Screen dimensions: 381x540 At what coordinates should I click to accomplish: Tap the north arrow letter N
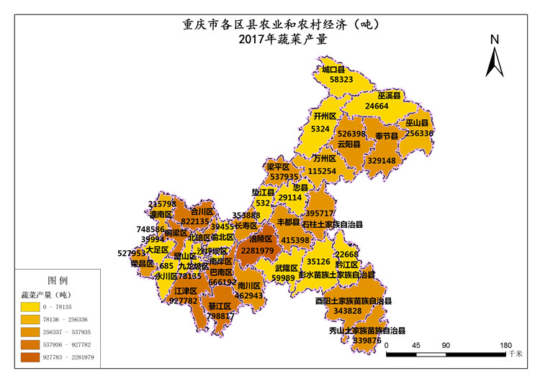pyautogui.click(x=494, y=40)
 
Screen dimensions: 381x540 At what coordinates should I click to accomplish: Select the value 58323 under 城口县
pyautogui.click(x=336, y=80)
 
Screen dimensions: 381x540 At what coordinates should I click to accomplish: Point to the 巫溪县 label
pyautogui.click(x=390, y=95)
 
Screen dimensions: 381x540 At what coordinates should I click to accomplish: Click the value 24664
pyautogui.click(x=377, y=106)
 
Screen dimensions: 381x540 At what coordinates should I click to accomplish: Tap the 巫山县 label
pyautogui.click(x=417, y=123)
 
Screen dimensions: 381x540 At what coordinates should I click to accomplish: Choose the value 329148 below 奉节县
pyautogui.click(x=382, y=161)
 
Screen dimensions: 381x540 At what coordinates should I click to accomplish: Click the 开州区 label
pyautogui.click(x=325, y=116)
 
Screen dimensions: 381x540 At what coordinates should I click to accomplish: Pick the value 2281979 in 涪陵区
pyautogui.click(x=257, y=250)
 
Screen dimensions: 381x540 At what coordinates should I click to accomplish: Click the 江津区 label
pyautogui.click(x=186, y=290)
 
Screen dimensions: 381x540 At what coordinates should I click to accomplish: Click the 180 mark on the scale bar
pyautogui.click(x=505, y=345)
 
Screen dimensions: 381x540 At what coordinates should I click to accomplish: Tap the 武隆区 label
pyautogui.click(x=286, y=268)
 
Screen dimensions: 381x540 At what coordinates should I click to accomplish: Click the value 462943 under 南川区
pyautogui.click(x=248, y=295)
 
